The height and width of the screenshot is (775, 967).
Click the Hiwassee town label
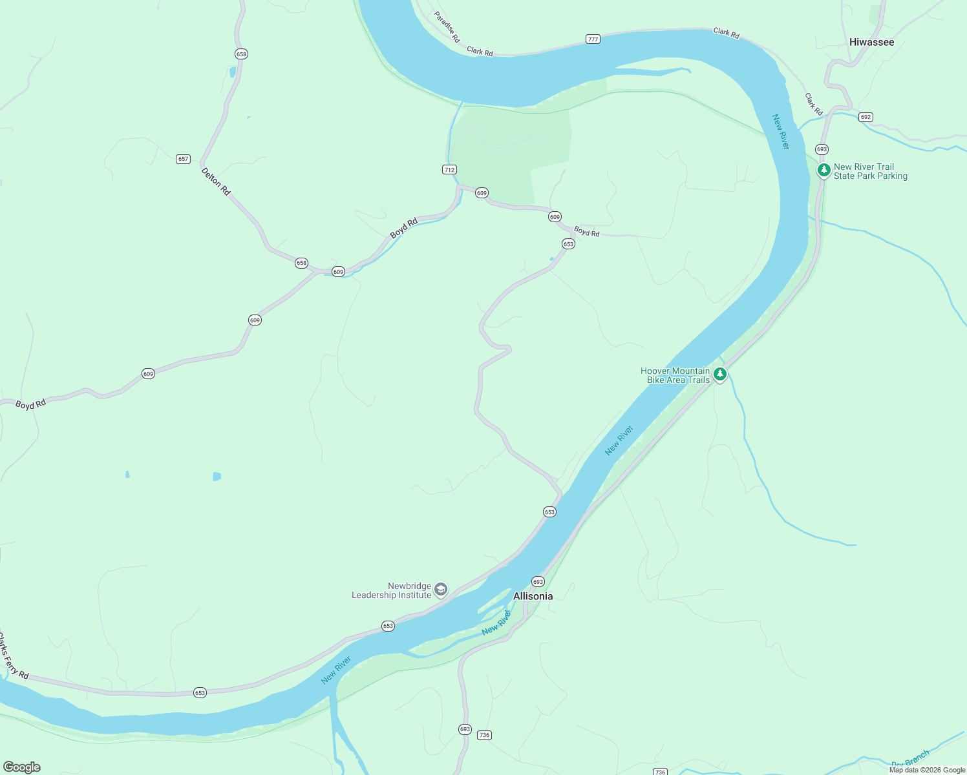click(871, 42)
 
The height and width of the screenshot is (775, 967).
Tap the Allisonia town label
click(533, 596)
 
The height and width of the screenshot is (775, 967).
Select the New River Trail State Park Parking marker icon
click(824, 170)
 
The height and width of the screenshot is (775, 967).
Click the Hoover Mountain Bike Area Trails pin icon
click(719, 374)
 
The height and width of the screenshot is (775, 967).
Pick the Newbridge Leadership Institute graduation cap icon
click(441, 589)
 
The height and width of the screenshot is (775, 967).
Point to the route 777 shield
click(593, 39)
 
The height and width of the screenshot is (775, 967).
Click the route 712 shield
click(449, 170)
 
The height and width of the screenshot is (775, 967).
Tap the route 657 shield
click(183, 159)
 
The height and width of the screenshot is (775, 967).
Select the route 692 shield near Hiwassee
click(866, 117)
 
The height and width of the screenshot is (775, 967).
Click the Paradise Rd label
click(447, 27)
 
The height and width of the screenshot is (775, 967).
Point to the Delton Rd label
click(216, 181)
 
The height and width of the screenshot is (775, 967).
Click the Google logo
click(22, 767)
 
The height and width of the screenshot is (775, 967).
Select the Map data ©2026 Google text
click(927, 770)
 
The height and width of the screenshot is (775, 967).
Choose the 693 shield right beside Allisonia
click(538, 582)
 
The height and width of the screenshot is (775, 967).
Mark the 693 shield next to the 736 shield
click(465, 729)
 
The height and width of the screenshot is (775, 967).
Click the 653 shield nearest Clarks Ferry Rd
click(200, 693)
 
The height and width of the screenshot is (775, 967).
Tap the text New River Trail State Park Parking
click(870, 171)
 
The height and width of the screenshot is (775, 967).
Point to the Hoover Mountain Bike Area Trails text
click(675, 375)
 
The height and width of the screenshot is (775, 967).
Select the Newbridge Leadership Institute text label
click(392, 590)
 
